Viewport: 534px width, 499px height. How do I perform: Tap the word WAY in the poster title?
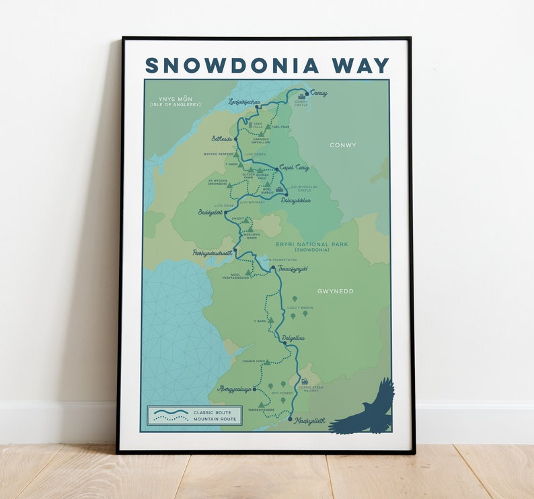(358, 65)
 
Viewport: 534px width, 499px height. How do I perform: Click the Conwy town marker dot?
(307, 93)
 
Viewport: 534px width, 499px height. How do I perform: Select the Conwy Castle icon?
(301, 98)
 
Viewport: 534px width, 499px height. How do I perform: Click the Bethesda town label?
(221, 139)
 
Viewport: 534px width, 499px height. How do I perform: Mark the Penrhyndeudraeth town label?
(212, 253)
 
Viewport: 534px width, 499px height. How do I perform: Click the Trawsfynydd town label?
(293, 268)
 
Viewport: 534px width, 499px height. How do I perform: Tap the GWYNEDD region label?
(335, 291)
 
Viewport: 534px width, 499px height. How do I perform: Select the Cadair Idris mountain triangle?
(267, 362)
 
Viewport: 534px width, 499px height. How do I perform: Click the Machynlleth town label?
(309, 420)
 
